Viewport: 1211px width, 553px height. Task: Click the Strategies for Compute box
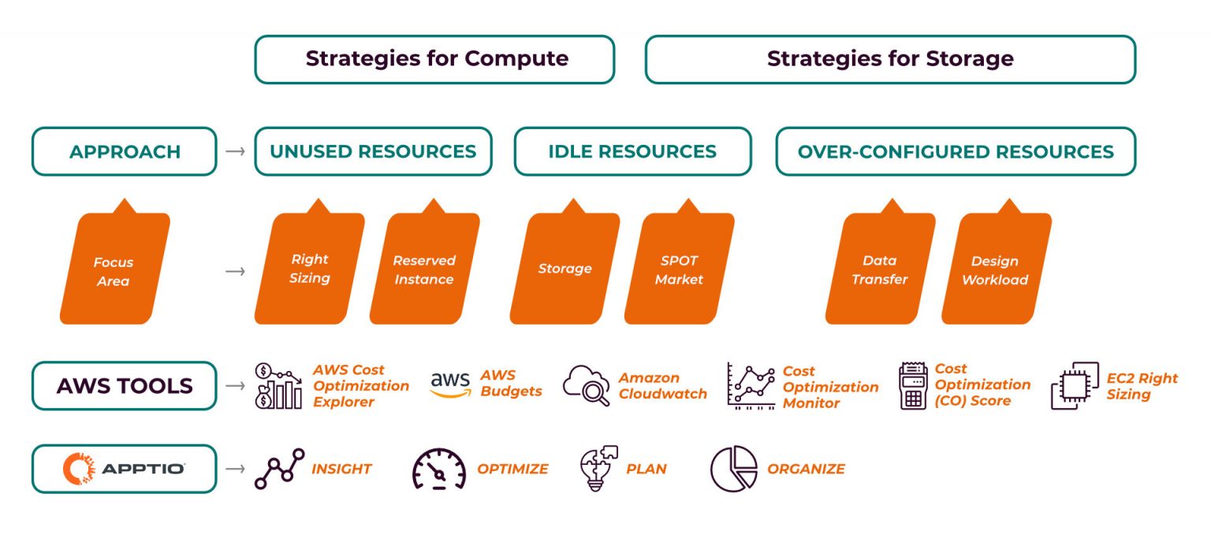434,59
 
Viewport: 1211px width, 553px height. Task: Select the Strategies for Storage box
890,59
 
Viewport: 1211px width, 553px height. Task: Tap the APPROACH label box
124,151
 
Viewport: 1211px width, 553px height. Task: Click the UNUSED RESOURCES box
373,151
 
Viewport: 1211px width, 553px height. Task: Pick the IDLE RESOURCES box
632,151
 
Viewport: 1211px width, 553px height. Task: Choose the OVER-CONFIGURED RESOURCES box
956,151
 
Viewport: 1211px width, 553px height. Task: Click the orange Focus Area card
114,268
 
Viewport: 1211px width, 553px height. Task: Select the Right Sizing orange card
310,268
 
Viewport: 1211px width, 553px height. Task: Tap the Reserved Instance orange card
424,268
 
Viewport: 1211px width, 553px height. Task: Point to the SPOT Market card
679,268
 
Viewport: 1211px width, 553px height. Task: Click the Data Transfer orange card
880,268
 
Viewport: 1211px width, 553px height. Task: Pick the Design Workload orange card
995,268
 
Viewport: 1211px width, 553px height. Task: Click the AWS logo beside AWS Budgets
450,384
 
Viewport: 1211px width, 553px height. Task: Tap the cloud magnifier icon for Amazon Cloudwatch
587,385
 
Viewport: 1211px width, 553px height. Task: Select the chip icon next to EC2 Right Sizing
1074,386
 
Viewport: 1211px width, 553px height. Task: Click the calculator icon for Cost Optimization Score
913,386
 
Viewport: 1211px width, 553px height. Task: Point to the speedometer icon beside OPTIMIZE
439,469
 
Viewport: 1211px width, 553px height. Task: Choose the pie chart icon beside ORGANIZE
733,469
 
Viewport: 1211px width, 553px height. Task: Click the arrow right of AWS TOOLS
235,386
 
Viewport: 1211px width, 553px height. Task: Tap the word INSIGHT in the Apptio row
341,469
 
